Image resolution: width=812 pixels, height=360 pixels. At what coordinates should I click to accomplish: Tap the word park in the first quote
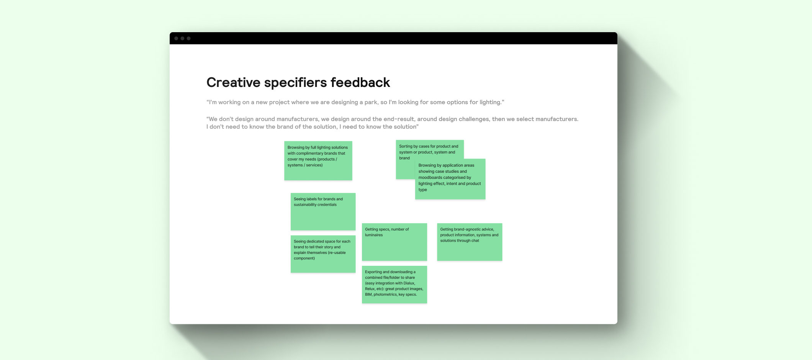tap(370, 102)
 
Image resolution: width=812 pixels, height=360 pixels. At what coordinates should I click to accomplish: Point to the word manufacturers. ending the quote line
tap(557, 119)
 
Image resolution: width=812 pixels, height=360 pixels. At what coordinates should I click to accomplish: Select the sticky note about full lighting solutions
tap(318, 161)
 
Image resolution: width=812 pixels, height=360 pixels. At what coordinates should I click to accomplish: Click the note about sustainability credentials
tap(323, 212)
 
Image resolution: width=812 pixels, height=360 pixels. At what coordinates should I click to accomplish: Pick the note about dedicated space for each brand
tap(323, 254)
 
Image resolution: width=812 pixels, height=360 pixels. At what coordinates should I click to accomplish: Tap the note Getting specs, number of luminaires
tap(394, 242)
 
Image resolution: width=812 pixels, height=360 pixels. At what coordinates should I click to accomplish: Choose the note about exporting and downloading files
tap(394, 285)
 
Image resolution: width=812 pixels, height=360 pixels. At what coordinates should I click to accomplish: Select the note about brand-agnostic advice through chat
tap(469, 242)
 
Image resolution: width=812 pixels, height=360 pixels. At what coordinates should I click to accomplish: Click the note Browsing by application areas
tap(450, 179)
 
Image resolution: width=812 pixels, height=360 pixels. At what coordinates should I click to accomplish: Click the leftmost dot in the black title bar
tap(176, 38)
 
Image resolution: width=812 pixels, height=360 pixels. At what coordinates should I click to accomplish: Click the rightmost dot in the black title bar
tap(188, 38)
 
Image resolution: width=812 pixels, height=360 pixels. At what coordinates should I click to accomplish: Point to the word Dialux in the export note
tap(409, 283)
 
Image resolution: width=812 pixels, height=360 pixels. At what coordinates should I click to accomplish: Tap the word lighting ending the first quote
tap(491, 102)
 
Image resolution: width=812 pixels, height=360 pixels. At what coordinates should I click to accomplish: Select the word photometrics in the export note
tap(385, 295)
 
